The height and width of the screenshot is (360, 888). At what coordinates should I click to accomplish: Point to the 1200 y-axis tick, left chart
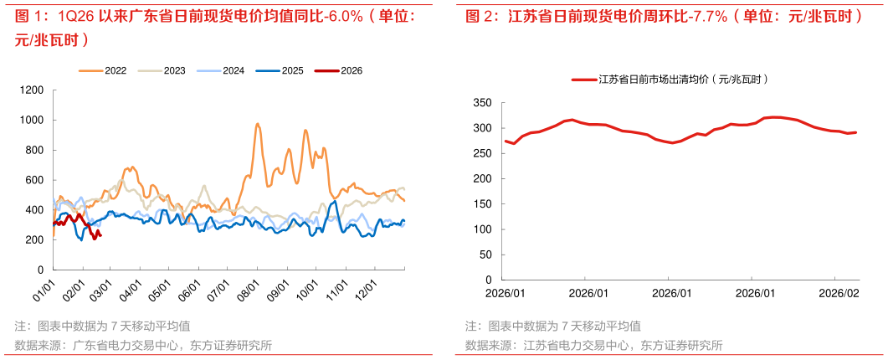[x=32, y=90]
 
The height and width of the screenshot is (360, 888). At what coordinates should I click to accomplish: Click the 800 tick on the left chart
[x=34, y=150]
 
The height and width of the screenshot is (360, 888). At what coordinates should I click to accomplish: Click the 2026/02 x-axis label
[x=838, y=294]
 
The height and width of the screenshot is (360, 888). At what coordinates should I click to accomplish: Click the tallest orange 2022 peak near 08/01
[x=257, y=124]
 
